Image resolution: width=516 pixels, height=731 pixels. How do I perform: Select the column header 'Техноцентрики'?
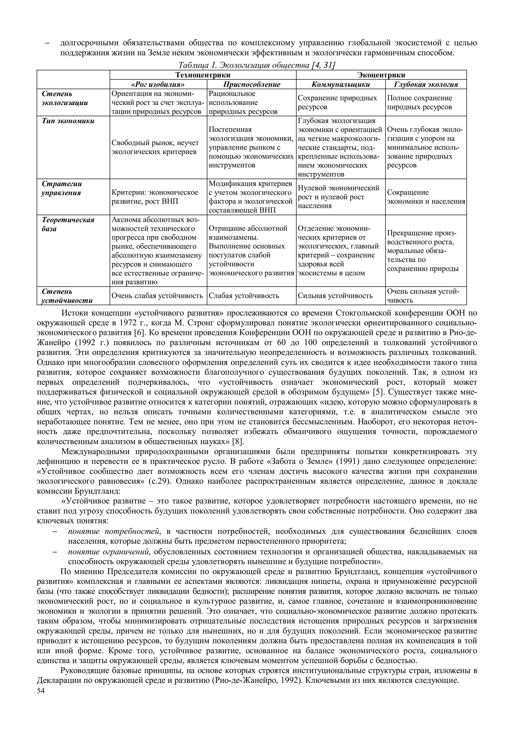click(x=203, y=75)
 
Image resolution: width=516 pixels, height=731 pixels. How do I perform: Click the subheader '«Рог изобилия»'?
click(x=158, y=84)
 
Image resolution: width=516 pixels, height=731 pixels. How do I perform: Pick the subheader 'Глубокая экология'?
click(x=426, y=84)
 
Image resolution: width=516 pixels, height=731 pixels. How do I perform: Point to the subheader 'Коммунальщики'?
click(x=340, y=84)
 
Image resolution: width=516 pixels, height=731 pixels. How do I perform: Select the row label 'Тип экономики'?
click(x=68, y=121)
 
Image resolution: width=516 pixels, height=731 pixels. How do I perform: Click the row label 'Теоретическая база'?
click(x=68, y=224)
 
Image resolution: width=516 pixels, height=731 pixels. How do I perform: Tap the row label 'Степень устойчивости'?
click(x=67, y=296)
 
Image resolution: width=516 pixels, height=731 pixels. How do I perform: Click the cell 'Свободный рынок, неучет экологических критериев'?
click(x=155, y=147)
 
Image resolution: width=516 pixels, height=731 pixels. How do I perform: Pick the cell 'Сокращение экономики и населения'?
click(x=426, y=197)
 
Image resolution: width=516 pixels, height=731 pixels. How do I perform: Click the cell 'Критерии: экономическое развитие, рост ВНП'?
click(x=155, y=197)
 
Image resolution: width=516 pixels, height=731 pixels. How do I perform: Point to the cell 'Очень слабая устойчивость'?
click(x=157, y=296)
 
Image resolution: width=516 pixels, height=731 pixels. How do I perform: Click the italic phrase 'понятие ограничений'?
click(x=109, y=551)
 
